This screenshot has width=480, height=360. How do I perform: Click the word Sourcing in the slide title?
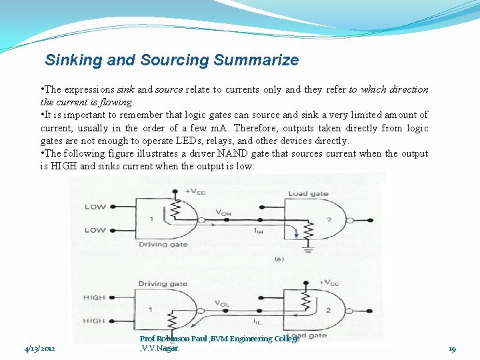175,60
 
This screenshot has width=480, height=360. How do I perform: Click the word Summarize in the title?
257,60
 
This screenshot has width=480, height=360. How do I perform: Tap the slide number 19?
452,349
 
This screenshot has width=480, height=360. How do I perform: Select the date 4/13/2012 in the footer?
40,349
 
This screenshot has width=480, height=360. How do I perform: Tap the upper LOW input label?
95,207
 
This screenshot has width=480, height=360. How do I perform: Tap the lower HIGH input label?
94,321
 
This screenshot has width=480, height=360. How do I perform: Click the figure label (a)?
279,259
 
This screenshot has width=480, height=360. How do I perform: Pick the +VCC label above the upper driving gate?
195,191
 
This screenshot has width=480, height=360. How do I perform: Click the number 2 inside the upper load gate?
328,219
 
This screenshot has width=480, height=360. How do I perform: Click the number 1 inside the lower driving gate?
151,309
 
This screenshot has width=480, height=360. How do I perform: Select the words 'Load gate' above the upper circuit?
307,193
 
